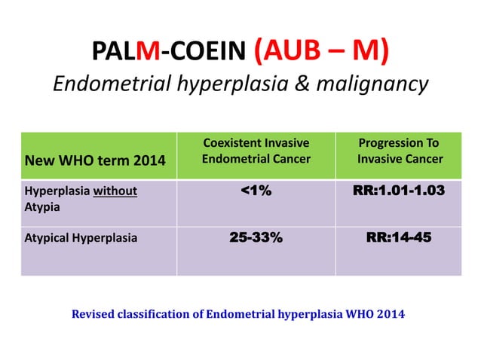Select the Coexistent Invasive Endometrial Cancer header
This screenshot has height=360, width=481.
[256, 151]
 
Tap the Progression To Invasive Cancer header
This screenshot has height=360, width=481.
[399, 151]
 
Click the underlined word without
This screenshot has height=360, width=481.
[115, 191]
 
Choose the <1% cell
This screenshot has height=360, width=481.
[256, 191]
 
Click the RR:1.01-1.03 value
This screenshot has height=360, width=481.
[399, 191]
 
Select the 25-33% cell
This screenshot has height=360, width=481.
[256, 239]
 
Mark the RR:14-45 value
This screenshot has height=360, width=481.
[399, 239]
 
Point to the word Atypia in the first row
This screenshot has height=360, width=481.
[43, 206]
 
